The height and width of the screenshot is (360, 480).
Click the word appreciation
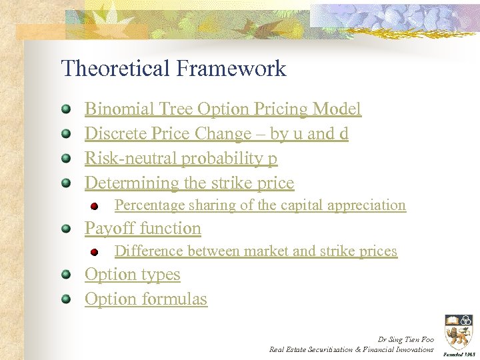click(367, 205)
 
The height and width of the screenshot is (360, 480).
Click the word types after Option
click(161, 275)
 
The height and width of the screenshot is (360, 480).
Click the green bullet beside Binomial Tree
click(66, 109)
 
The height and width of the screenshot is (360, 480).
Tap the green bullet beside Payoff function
click(66, 229)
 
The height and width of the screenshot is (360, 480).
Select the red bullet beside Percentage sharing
click(95, 207)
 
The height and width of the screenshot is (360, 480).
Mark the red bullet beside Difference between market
click(95, 253)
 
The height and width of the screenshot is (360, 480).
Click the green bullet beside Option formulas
click(66, 299)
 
